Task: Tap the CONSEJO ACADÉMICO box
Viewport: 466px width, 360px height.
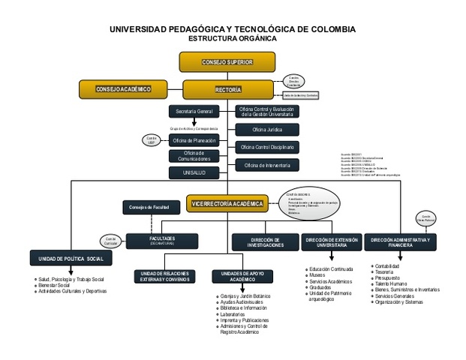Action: (x=122, y=90)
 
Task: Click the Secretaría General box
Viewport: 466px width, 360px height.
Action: (x=194, y=112)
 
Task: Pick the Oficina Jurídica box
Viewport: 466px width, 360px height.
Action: (x=268, y=130)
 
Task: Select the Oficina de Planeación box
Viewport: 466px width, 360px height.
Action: (x=194, y=140)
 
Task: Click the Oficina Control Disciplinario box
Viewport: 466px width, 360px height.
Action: (x=268, y=147)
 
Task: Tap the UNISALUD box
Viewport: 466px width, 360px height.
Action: (x=194, y=172)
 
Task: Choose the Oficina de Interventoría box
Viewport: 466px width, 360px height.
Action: (x=268, y=164)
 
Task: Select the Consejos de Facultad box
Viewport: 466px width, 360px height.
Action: (x=149, y=207)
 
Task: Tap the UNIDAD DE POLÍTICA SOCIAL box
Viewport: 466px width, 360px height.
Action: (x=71, y=259)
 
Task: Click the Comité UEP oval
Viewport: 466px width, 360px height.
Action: (x=151, y=139)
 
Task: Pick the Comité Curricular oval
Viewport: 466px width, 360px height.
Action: (x=110, y=241)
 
